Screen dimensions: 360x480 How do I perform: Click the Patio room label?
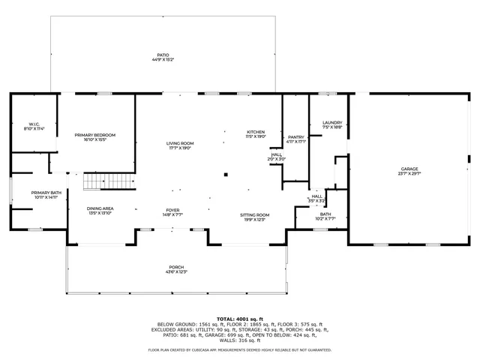[x=163, y=54]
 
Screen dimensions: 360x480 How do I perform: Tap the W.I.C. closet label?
[x=34, y=124]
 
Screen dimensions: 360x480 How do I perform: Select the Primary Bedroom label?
[x=94, y=135]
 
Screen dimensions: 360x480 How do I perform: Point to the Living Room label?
[x=180, y=143]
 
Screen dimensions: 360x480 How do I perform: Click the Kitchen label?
[x=256, y=132]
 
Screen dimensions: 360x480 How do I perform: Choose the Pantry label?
[x=296, y=136]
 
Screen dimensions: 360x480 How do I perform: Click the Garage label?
[x=409, y=169]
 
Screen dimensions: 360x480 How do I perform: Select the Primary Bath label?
[x=41, y=193]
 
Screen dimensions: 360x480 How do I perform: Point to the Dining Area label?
[x=100, y=208]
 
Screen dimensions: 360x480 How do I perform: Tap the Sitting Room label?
[x=255, y=215]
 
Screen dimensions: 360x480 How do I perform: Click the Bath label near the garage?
[x=325, y=214]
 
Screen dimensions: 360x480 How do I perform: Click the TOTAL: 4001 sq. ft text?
[x=240, y=318]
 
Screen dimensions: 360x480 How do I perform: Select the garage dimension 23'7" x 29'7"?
[x=409, y=173]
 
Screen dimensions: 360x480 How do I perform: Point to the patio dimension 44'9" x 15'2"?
[x=163, y=59]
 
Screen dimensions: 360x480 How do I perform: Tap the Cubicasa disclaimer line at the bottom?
[x=240, y=349]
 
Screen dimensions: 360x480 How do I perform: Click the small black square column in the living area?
[x=225, y=175]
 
